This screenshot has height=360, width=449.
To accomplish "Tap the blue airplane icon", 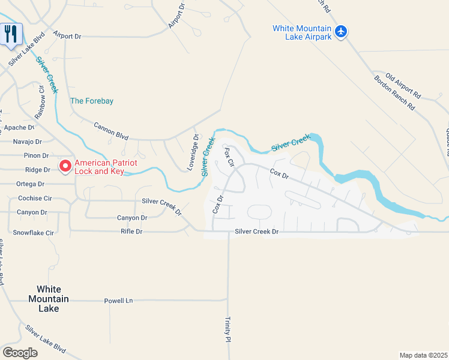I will coord(341,31).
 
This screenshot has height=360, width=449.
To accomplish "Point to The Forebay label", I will coord(92,101).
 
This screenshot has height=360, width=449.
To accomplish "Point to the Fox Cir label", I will coord(228,158).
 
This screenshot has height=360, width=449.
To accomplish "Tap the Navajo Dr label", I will coord(27,142).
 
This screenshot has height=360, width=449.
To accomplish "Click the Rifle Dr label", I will coord(131,231).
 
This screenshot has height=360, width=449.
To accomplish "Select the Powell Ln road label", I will coord(118,301).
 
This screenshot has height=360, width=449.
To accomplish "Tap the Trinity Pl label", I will coord(228,329).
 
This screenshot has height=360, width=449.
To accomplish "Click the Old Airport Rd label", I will coord(403,85).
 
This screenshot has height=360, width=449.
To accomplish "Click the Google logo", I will coord(20,353).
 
